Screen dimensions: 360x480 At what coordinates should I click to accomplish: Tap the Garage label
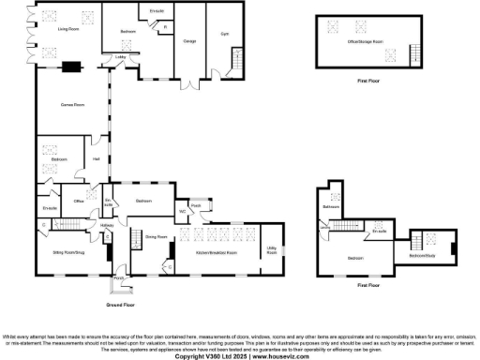point(189,41)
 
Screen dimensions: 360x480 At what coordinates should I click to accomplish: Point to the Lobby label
point(121,57)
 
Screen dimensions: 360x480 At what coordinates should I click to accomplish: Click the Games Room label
point(72,104)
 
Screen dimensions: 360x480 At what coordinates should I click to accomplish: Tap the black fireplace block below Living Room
point(71,66)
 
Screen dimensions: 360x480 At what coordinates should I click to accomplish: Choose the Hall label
point(97,159)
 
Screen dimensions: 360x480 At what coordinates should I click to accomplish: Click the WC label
point(183,210)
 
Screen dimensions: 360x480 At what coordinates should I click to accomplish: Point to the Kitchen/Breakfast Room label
point(216,253)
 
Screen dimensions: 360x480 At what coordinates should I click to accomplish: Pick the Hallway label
point(107,226)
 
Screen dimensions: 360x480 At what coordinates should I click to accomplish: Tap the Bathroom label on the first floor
point(331,206)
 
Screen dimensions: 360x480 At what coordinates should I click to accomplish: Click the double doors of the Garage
point(189,78)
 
